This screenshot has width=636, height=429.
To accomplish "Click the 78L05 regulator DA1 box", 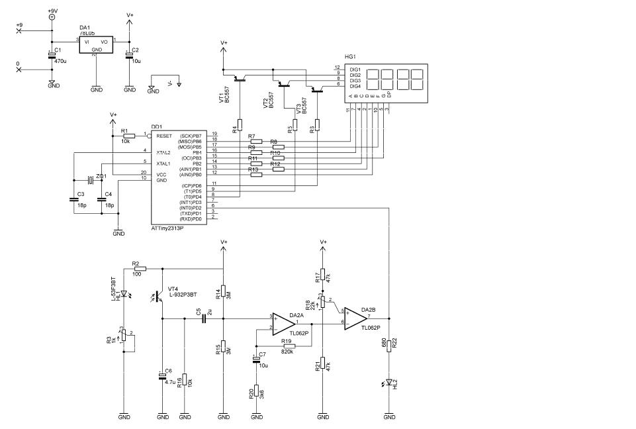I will (x=96, y=44).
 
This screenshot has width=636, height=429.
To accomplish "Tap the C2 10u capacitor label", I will (x=135, y=56).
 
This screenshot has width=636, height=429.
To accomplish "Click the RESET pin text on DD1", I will (x=163, y=135).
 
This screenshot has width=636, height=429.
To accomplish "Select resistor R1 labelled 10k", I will (x=129, y=135).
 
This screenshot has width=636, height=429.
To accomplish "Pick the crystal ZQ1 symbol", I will (x=89, y=179).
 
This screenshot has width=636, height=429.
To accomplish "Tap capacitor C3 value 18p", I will (x=80, y=205).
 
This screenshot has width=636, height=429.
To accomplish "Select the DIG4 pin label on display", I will (x=355, y=86).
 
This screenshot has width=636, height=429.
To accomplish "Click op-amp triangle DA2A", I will (x=284, y=324).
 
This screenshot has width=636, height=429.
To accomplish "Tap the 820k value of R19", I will (x=287, y=352).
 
